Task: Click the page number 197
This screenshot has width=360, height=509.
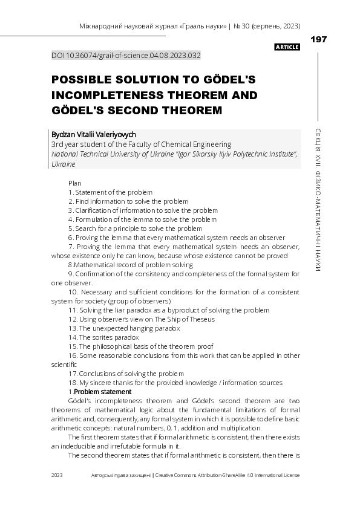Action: point(318,39)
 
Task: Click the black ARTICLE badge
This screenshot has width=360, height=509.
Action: point(287,47)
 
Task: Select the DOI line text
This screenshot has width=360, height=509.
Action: point(126,55)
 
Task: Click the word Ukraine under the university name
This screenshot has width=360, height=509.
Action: point(64,164)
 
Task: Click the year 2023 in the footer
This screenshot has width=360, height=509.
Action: point(57,475)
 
